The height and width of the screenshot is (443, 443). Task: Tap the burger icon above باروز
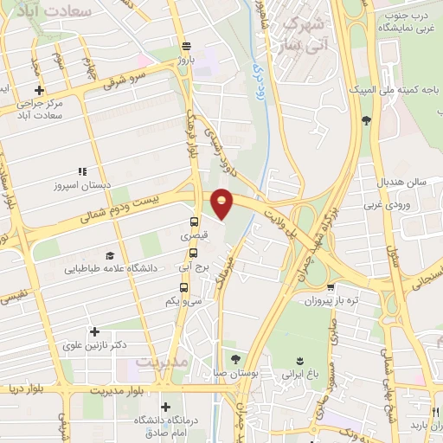pos(187,47)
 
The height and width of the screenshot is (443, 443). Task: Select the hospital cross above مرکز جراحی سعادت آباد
pos(38,90)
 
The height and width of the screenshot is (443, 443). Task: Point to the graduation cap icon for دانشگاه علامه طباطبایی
pos(110,255)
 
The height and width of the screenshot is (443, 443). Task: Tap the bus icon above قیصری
pos(194,221)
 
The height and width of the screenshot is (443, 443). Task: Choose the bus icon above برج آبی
pos(194,255)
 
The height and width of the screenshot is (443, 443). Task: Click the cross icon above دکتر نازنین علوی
pos(93,331)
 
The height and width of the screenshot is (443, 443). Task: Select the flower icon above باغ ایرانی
pos(300,359)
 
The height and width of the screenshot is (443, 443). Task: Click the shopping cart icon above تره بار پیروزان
pos(330,288)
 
